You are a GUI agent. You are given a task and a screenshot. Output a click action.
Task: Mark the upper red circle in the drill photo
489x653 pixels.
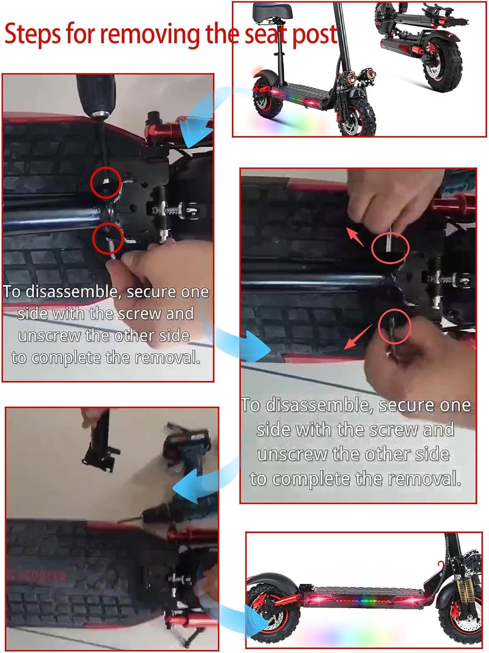coord(106,182)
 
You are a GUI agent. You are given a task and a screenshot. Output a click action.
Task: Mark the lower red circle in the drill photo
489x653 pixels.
coord(108,239)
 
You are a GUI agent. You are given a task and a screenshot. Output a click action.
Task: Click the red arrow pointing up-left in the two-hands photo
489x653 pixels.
coord(355,237)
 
